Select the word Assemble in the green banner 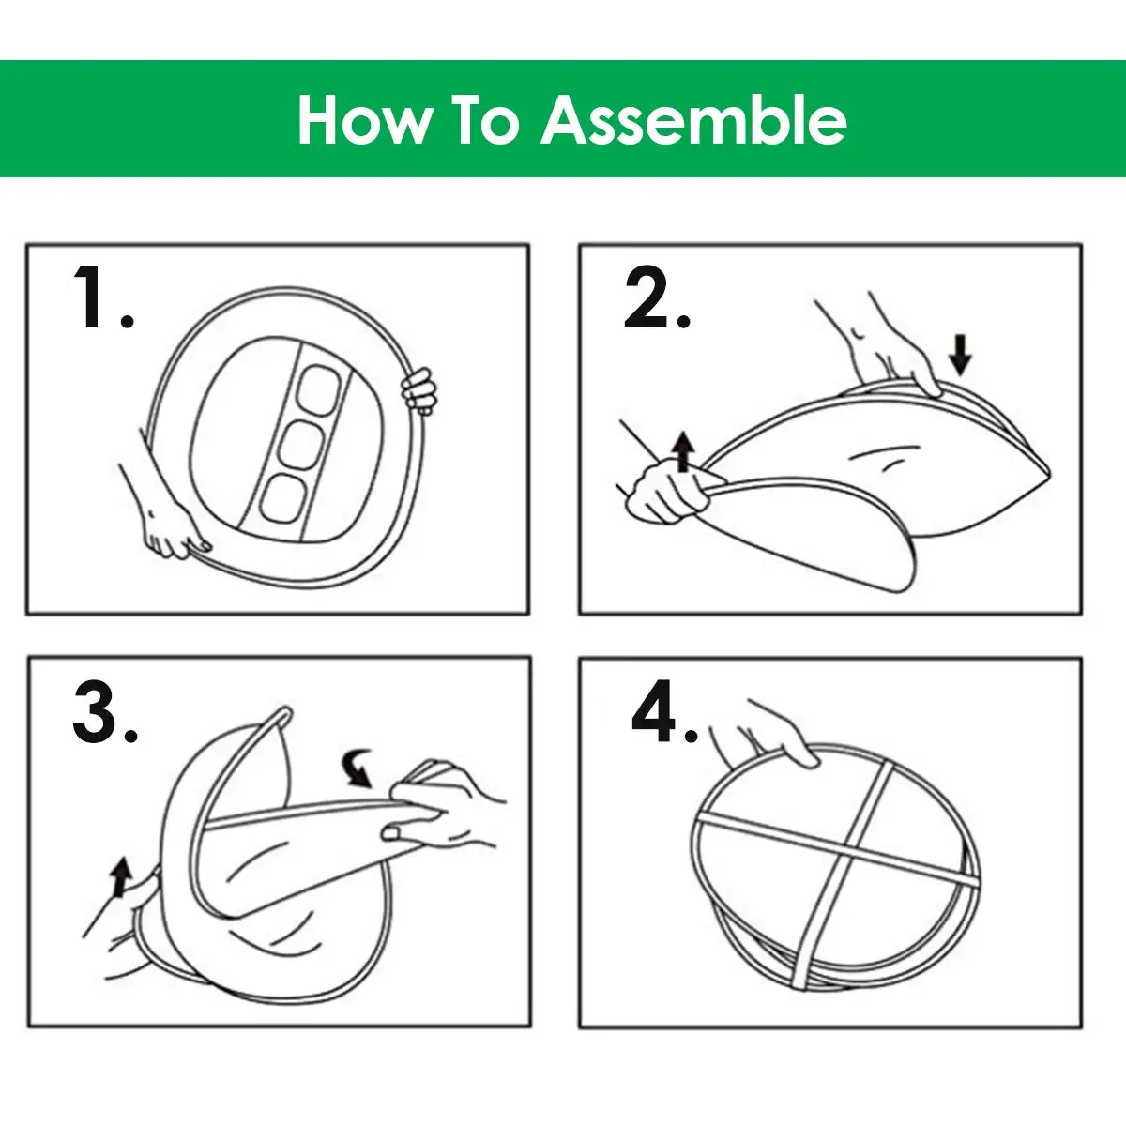click(x=693, y=120)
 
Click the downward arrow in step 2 click(x=960, y=354)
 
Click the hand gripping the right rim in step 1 click(x=417, y=388)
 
